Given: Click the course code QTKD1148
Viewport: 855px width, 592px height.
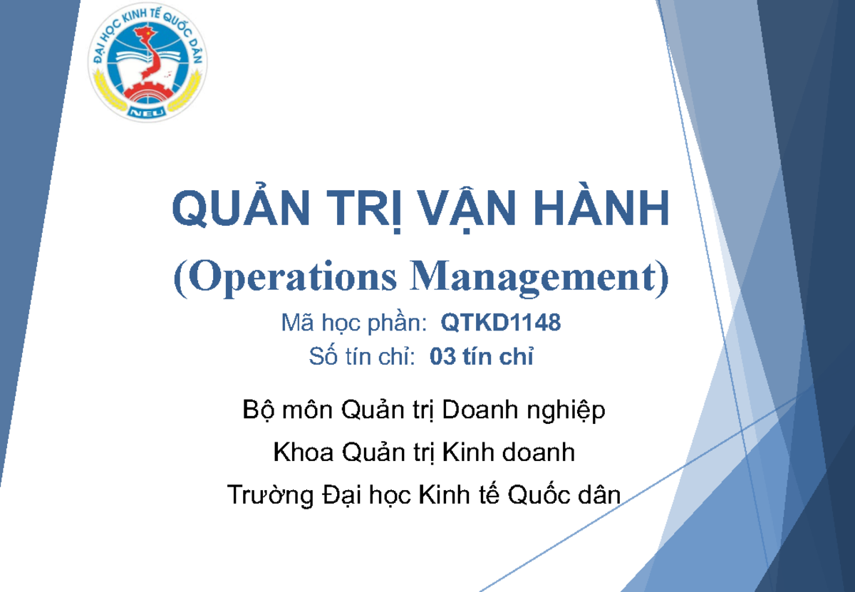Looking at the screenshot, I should click(501, 323).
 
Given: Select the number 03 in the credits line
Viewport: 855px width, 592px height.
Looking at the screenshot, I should click(442, 358).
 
